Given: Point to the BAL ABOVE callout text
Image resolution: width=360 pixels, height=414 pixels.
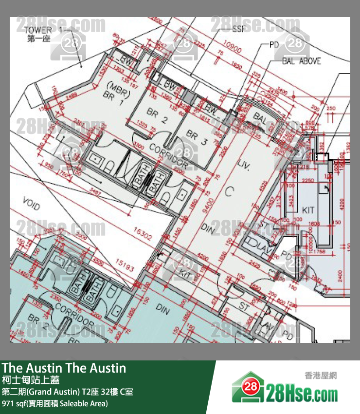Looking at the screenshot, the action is pos(301,61).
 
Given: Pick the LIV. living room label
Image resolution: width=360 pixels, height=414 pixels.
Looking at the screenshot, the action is pos(243,165).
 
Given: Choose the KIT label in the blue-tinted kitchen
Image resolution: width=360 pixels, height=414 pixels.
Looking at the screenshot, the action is pos(308,210).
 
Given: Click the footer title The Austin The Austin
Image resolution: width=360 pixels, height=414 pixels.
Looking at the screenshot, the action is pos(64,368).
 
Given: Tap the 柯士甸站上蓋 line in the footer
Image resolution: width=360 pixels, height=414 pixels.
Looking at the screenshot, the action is pos(31,380).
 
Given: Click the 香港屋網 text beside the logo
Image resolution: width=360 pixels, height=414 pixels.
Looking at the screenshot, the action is pos(321,376).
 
